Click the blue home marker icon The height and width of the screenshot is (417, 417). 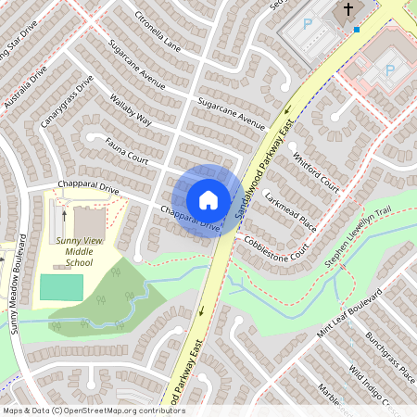tap(208, 200)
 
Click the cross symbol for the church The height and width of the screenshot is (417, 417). tap(348, 11)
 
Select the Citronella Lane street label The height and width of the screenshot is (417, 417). tap(158, 32)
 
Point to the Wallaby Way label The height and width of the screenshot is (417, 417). tap(131, 107)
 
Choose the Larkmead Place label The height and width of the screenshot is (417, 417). tap(290, 213)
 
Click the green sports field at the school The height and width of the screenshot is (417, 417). tap(61, 287)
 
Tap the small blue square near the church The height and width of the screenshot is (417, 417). tap(357, 29)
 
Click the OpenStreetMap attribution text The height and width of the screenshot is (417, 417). tap(93, 411)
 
